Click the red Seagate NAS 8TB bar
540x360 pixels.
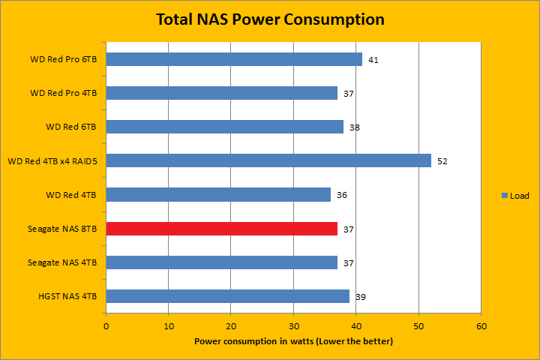(x=222, y=229)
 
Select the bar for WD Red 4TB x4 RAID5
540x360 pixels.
(x=268, y=160)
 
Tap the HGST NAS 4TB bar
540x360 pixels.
(x=228, y=296)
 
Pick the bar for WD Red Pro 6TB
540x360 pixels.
(x=234, y=59)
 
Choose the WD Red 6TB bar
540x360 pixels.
(x=225, y=127)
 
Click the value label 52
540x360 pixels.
(x=442, y=161)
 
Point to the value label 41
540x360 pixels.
(x=373, y=59)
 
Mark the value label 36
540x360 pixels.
(x=341, y=195)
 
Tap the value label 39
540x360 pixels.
(x=360, y=297)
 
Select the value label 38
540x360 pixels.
(x=354, y=127)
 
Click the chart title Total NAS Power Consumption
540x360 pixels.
(x=270, y=19)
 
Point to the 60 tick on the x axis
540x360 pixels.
(x=481, y=326)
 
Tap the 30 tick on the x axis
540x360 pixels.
(x=294, y=326)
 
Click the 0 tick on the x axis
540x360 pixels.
(x=106, y=326)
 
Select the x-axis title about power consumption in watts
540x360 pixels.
(x=293, y=341)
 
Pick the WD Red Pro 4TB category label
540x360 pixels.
(x=63, y=93)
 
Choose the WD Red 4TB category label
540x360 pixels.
(x=70, y=195)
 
